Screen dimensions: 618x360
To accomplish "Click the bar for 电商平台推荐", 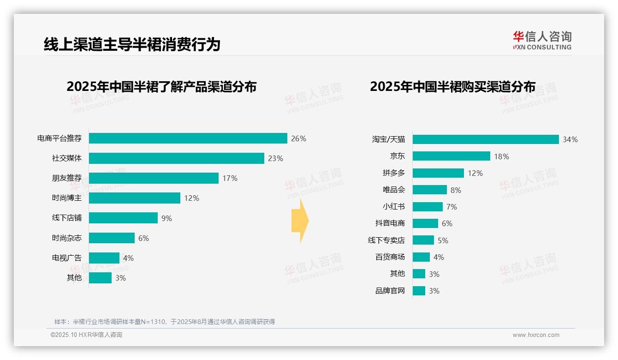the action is point(188,138).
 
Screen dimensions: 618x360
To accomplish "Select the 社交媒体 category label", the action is point(66,158).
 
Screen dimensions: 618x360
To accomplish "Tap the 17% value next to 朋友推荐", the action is point(230,178).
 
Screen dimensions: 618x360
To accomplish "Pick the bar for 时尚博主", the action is point(134,198).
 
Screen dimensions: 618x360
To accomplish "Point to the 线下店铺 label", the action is point(66,218).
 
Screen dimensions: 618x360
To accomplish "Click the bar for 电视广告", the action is point(104,258).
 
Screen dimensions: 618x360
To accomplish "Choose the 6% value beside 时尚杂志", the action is point(143,238).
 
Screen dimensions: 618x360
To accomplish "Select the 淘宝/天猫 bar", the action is point(485,139).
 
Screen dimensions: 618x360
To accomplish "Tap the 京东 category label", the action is point(397,156).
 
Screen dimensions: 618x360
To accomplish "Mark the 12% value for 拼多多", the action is point(475,173).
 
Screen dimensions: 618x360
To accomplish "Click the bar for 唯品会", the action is point(429,190).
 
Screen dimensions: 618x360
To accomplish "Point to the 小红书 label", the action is point(393,207).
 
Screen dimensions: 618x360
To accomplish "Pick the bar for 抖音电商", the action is point(425,223).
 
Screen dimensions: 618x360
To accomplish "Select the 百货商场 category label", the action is point(390,257).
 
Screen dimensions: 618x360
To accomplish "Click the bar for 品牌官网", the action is point(419,291).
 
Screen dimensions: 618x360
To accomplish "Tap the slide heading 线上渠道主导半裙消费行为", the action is point(132,44).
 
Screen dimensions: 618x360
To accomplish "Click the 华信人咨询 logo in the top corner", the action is point(542,40).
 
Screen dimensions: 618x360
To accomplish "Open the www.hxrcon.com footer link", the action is point(535,335).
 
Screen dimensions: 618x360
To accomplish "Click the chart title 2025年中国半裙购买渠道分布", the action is point(452,87).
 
